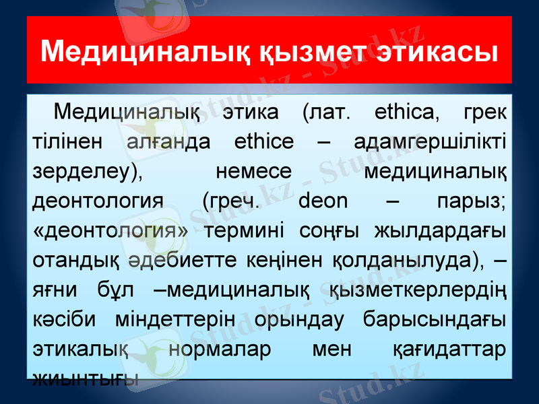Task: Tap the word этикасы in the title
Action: point(439,51)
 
